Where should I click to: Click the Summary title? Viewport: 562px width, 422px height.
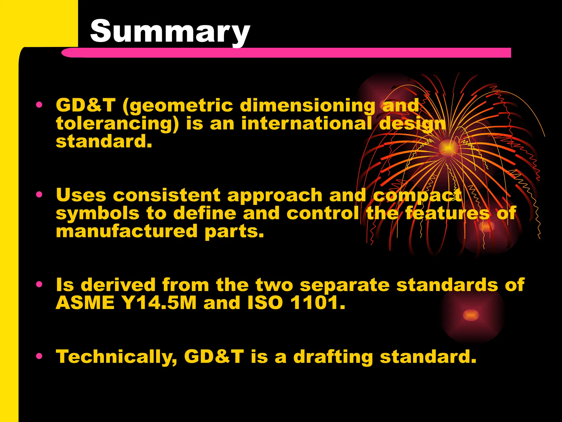(170, 31)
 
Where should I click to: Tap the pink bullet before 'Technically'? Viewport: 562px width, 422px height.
(40, 356)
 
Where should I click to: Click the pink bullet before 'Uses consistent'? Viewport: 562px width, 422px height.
(40, 195)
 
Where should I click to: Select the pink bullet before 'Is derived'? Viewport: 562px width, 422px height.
(40, 284)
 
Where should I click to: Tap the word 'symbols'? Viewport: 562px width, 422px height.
(97, 213)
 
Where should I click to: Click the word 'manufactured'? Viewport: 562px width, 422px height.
(127, 231)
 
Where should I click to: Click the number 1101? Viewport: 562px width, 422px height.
(317, 303)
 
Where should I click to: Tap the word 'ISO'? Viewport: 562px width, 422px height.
(265, 303)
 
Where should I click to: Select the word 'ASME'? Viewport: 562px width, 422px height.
(85, 303)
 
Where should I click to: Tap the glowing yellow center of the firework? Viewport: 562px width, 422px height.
(448, 148)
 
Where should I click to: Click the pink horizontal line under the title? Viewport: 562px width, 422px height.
(285, 52)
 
